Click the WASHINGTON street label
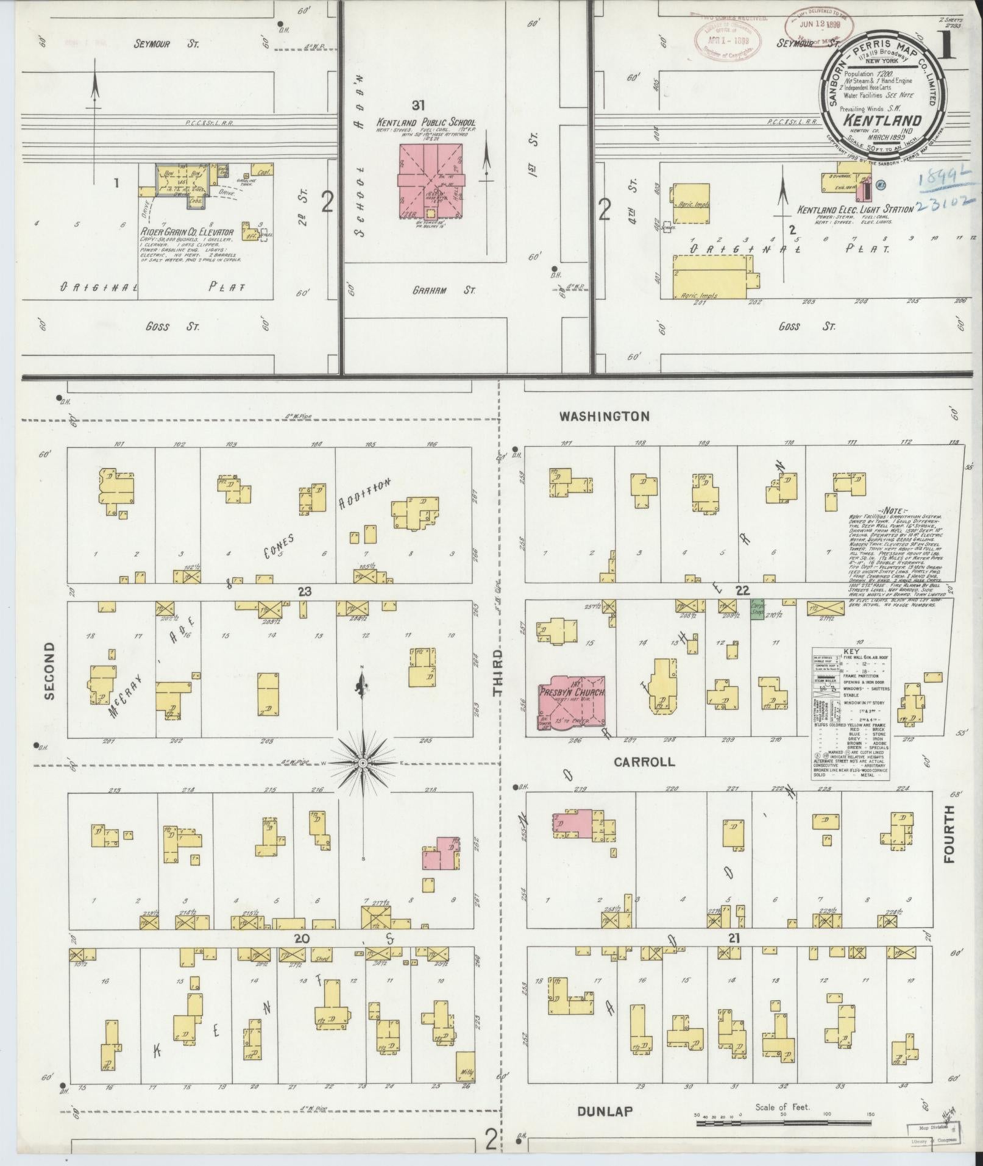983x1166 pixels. pyautogui.click(x=605, y=417)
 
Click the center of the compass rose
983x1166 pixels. pyautogui.click(x=363, y=763)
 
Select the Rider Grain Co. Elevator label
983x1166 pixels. pyautogui.click(x=187, y=232)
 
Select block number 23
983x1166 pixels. pyautogui.click(x=304, y=591)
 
